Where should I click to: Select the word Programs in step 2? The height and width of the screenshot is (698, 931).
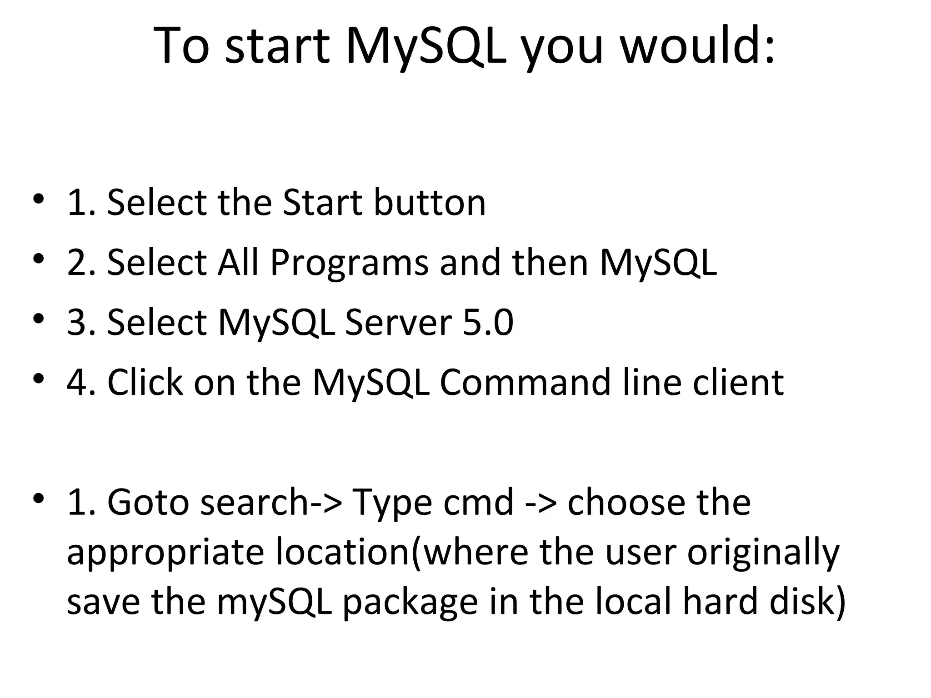[349, 263]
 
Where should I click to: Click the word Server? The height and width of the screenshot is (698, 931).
[399, 322]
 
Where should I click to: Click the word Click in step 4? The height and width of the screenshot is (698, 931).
[145, 382]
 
